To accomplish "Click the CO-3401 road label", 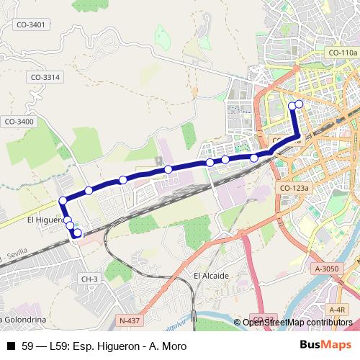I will click(31, 24).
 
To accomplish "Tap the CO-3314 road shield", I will click(45, 77).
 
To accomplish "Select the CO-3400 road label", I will click(19, 122).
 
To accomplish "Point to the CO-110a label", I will click(342, 53).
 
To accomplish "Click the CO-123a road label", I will click(294, 188).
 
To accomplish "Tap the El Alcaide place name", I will click(211, 276).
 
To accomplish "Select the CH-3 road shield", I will click(89, 279).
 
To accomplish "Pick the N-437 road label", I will click(130, 320).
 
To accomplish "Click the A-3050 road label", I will click(327, 268).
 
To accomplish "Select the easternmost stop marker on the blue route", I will click(300, 104).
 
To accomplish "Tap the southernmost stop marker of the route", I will click(77, 233).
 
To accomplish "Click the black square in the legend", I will click(10, 346).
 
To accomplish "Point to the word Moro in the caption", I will click(173, 346).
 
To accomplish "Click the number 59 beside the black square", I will click(27, 346).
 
